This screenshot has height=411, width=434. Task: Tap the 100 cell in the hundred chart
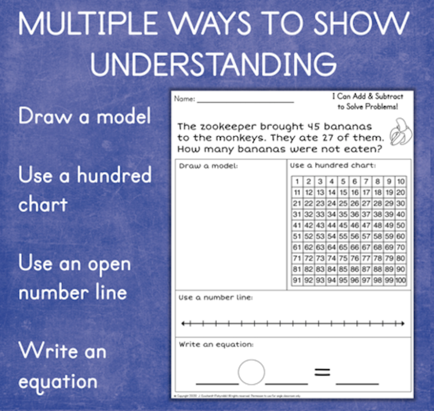pos(401,280)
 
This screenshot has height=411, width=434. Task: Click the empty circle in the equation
pos(251,372)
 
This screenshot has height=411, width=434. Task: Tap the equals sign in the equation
pos(322,372)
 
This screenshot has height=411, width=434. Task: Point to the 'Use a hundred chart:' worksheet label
pos(333,166)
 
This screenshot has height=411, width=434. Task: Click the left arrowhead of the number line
pos(183,324)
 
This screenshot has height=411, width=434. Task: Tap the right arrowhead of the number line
pos(402,324)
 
